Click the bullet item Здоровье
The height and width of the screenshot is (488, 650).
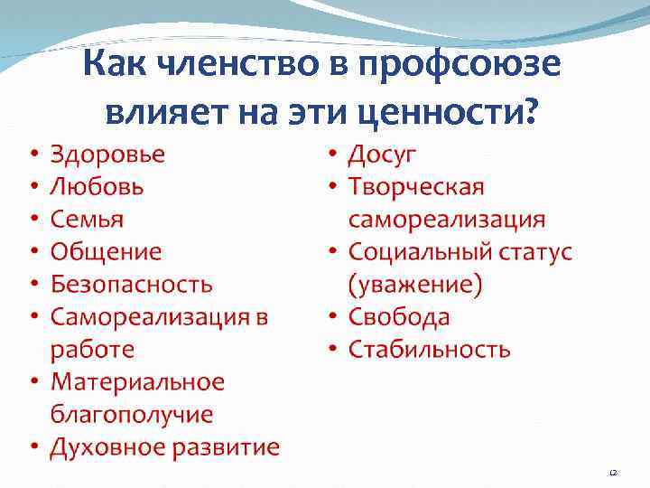(107, 155)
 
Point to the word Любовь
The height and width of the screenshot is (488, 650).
(97, 187)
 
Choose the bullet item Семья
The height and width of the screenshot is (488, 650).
(88, 220)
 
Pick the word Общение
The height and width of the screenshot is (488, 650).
(106, 252)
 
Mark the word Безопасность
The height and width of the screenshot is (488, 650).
(132, 285)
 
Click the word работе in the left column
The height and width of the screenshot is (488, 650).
(92, 350)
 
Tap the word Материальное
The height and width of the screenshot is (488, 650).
(137, 382)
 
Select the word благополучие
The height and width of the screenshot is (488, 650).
(132, 415)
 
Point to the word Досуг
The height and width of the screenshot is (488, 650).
(383, 155)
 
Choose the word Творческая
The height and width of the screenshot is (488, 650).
(417, 187)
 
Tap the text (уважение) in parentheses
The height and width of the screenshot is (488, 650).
(415, 285)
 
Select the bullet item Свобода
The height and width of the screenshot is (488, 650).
(399, 317)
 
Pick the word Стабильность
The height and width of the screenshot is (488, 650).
(430, 350)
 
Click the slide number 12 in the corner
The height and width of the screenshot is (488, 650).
(613, 473)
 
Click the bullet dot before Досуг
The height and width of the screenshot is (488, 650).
(332, 155)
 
